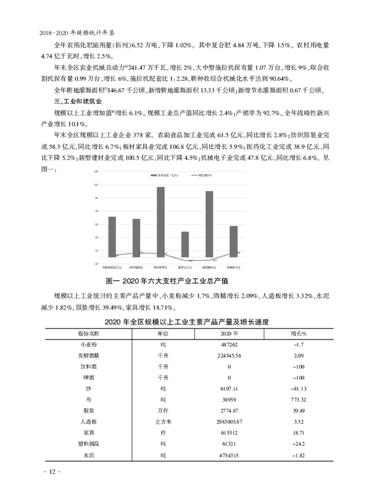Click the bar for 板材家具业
tap(160, 222)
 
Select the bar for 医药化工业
tap(185, 244)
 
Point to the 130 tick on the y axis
tap(96, 172)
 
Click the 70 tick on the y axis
tap(96, 211)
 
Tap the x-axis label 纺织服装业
tap(136, 267)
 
